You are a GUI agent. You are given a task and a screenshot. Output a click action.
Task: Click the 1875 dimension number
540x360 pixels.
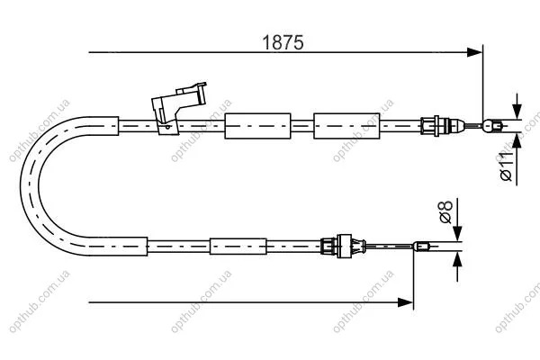pos(283,42)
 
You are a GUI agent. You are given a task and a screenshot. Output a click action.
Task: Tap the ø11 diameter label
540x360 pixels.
pos(506,166)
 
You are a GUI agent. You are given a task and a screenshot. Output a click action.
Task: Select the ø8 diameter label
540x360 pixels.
pos(446,211)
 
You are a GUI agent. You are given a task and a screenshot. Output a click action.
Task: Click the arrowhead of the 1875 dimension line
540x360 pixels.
pos(474,52)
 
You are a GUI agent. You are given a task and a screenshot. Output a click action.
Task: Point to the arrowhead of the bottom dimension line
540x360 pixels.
pos(405,302)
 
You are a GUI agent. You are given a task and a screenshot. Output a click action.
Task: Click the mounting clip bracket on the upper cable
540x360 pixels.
pos(178,107)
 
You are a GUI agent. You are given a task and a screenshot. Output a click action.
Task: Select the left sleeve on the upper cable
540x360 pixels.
pos(257,126)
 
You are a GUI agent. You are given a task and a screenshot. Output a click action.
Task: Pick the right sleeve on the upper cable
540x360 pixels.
pos(346,126)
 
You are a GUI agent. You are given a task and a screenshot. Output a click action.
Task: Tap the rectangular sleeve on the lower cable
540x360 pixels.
pos(238,247)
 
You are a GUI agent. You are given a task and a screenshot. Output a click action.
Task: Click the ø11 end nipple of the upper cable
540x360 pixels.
pos(491,126)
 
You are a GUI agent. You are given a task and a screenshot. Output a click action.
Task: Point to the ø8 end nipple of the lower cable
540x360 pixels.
pos(421,247)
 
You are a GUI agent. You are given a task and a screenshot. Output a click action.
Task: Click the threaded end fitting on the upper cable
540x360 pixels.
pos(442,126)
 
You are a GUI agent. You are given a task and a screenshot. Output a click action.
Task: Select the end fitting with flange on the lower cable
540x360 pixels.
pos(343,247)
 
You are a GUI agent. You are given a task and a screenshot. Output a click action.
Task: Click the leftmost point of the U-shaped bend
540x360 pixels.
pos(21,186)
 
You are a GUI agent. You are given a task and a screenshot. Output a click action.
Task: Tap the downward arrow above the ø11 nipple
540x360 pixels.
pos(517,106)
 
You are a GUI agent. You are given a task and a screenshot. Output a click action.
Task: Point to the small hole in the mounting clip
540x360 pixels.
pos(167,127)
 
